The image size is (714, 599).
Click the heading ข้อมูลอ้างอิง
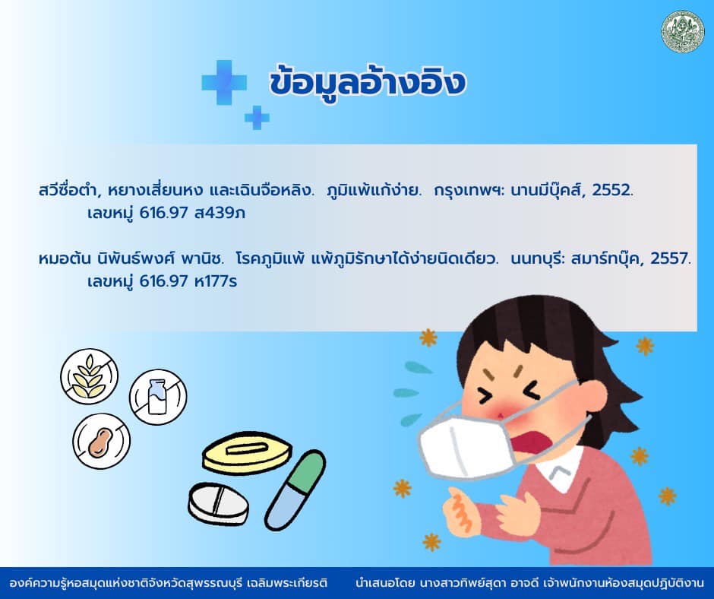[x=367, y=83]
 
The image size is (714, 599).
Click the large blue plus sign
[x=224, y=83]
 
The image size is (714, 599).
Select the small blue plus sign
[x=257, y=118]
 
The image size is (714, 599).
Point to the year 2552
[x=612, y=189]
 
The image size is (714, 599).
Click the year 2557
[x=670, y=258]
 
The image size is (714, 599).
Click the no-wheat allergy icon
[x=90, y=376]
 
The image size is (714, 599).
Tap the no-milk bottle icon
[x=158, y=397]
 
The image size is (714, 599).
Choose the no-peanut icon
[x=102, y=441]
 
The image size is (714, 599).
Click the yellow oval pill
[x=246, y=452]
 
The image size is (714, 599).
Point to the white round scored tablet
[x=219, y=504]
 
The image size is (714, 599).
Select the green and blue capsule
[x=295, y=490]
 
